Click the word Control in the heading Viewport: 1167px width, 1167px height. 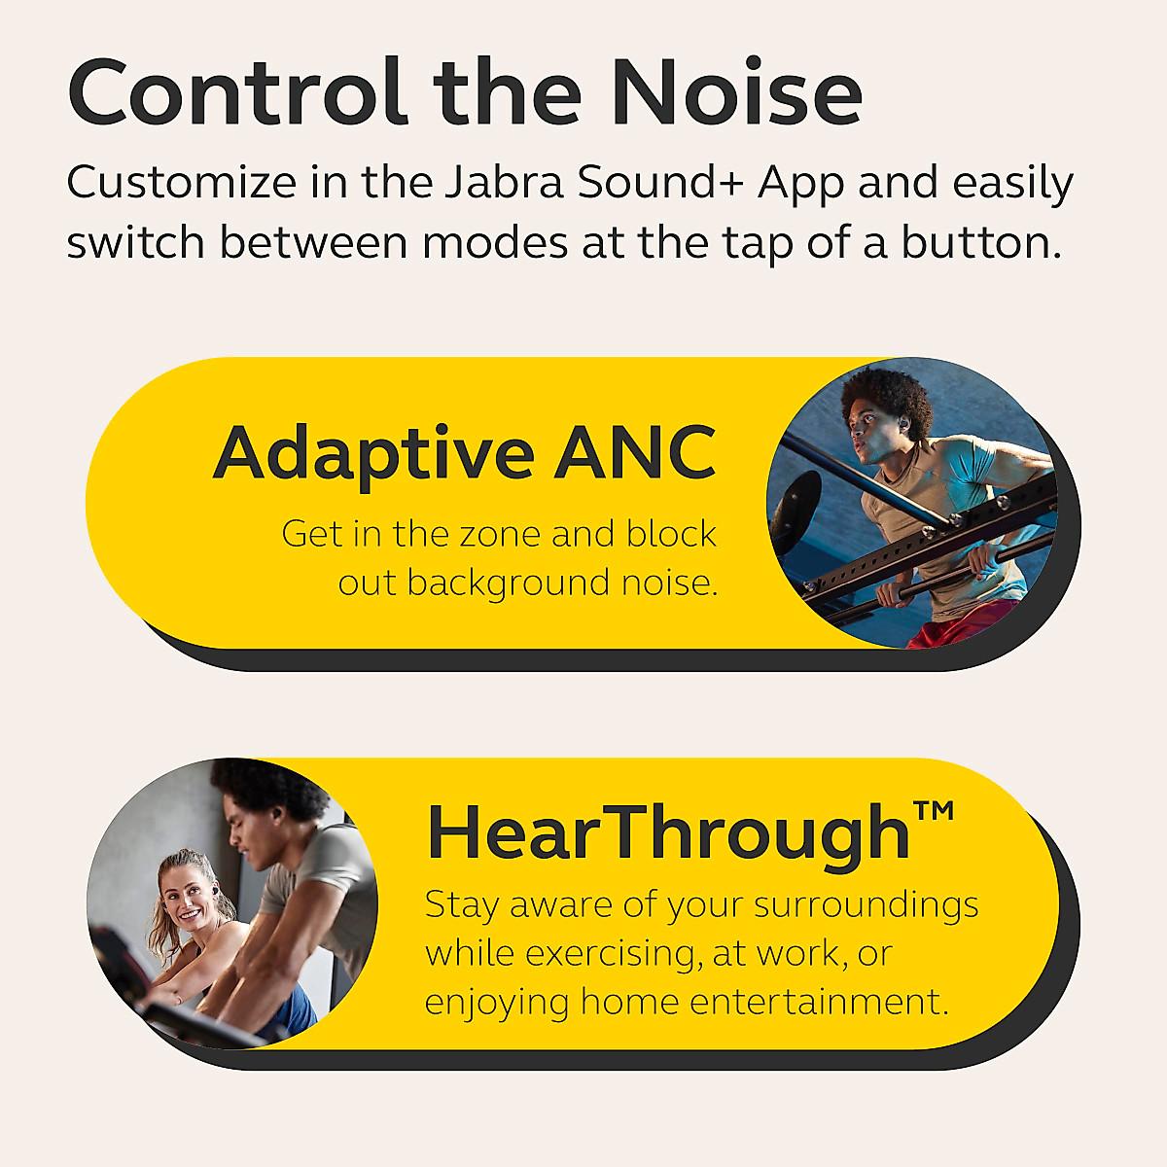coord(237,93)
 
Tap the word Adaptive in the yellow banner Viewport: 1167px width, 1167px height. coord(373,453)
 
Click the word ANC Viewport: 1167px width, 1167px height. coord(635,453)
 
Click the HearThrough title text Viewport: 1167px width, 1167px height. coord(668,833)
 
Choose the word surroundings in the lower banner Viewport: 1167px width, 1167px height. coord(866,905)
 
